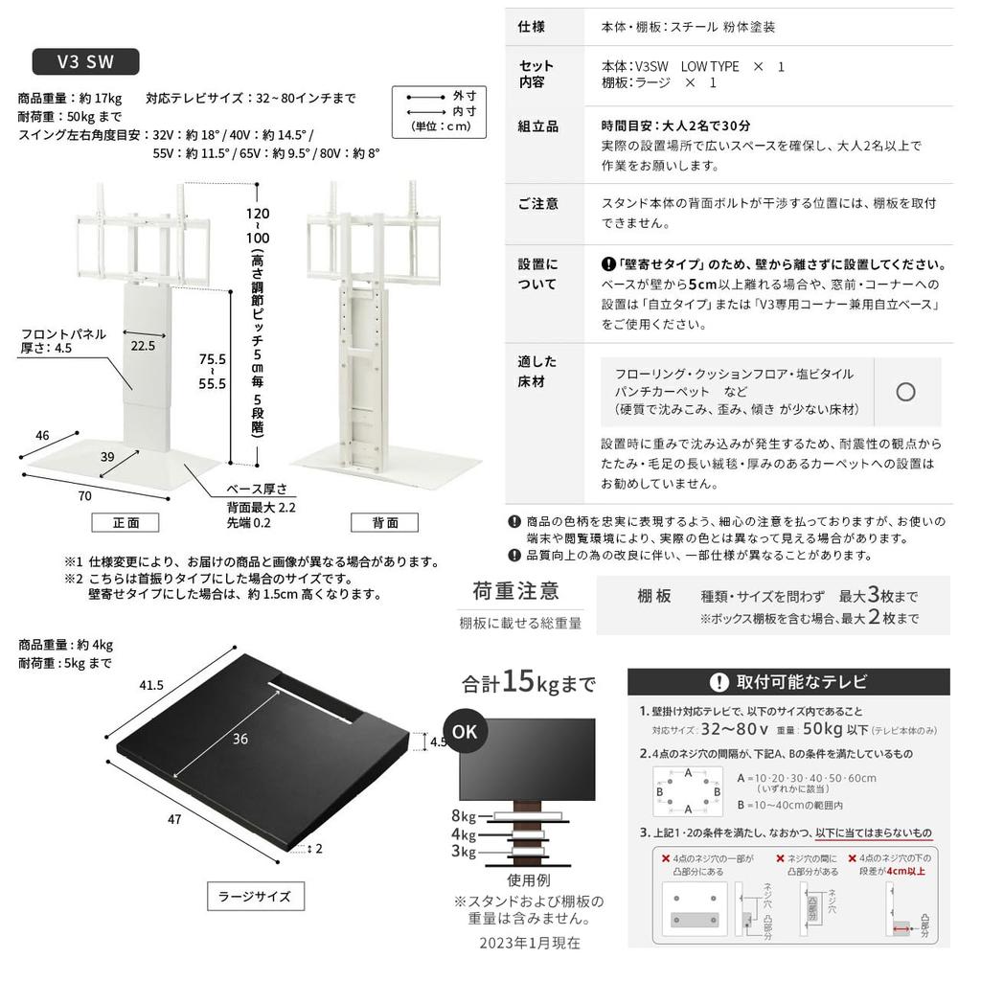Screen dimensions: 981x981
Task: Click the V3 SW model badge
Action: (x=85, y=62)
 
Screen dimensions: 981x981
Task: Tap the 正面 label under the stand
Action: (x=125, y=523)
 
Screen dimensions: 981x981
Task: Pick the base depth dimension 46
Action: (x=42, y=435)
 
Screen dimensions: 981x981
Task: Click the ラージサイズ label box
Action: (x=255, y=897)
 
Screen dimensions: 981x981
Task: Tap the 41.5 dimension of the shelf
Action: (x=151, y=686)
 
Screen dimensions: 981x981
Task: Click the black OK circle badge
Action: (x=465, y=730)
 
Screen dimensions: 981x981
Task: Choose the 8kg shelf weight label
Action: (x=463, y=815)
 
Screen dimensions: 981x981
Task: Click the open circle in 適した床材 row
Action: (x=905, y=392)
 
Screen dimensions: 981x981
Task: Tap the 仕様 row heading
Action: (x=531, y=26)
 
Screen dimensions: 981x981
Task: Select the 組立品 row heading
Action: (x=537, y=126)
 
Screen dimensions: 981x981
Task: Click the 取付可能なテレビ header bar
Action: (x=787, y=682)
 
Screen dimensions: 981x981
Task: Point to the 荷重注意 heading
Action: (x=515, y=591)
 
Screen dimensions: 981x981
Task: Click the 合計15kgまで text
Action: (x=528, y=683)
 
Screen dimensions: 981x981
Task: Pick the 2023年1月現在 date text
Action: (x=530, y=943)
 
